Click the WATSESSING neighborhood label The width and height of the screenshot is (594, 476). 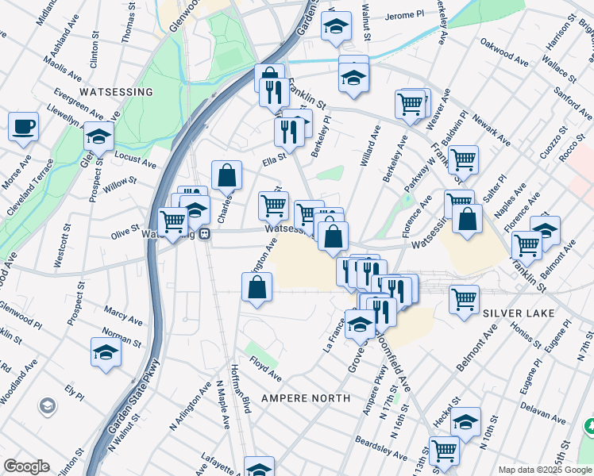116,92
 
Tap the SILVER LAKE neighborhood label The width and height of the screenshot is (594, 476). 518,314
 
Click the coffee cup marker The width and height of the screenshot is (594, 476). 23,125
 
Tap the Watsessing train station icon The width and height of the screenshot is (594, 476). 205,236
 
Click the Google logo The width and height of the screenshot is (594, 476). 26,466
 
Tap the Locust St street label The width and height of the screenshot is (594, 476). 135,158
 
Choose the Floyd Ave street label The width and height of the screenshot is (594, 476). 265,370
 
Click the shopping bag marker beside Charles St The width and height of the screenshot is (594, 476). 226,175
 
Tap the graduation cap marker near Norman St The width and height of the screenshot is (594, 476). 106,351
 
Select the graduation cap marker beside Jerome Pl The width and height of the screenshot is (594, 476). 336,26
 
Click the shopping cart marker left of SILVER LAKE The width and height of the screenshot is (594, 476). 464,299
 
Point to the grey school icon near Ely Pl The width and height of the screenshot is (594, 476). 47,406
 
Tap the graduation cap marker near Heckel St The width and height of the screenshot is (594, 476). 466,420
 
